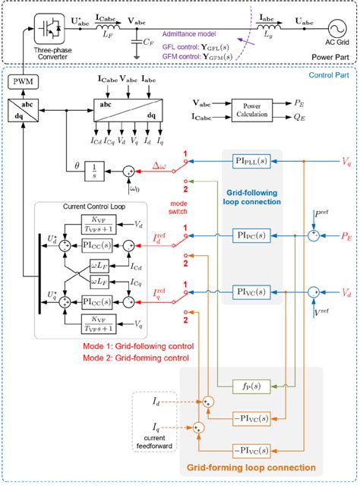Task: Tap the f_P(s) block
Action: pos(245,384)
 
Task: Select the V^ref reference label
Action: pos(323,310)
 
